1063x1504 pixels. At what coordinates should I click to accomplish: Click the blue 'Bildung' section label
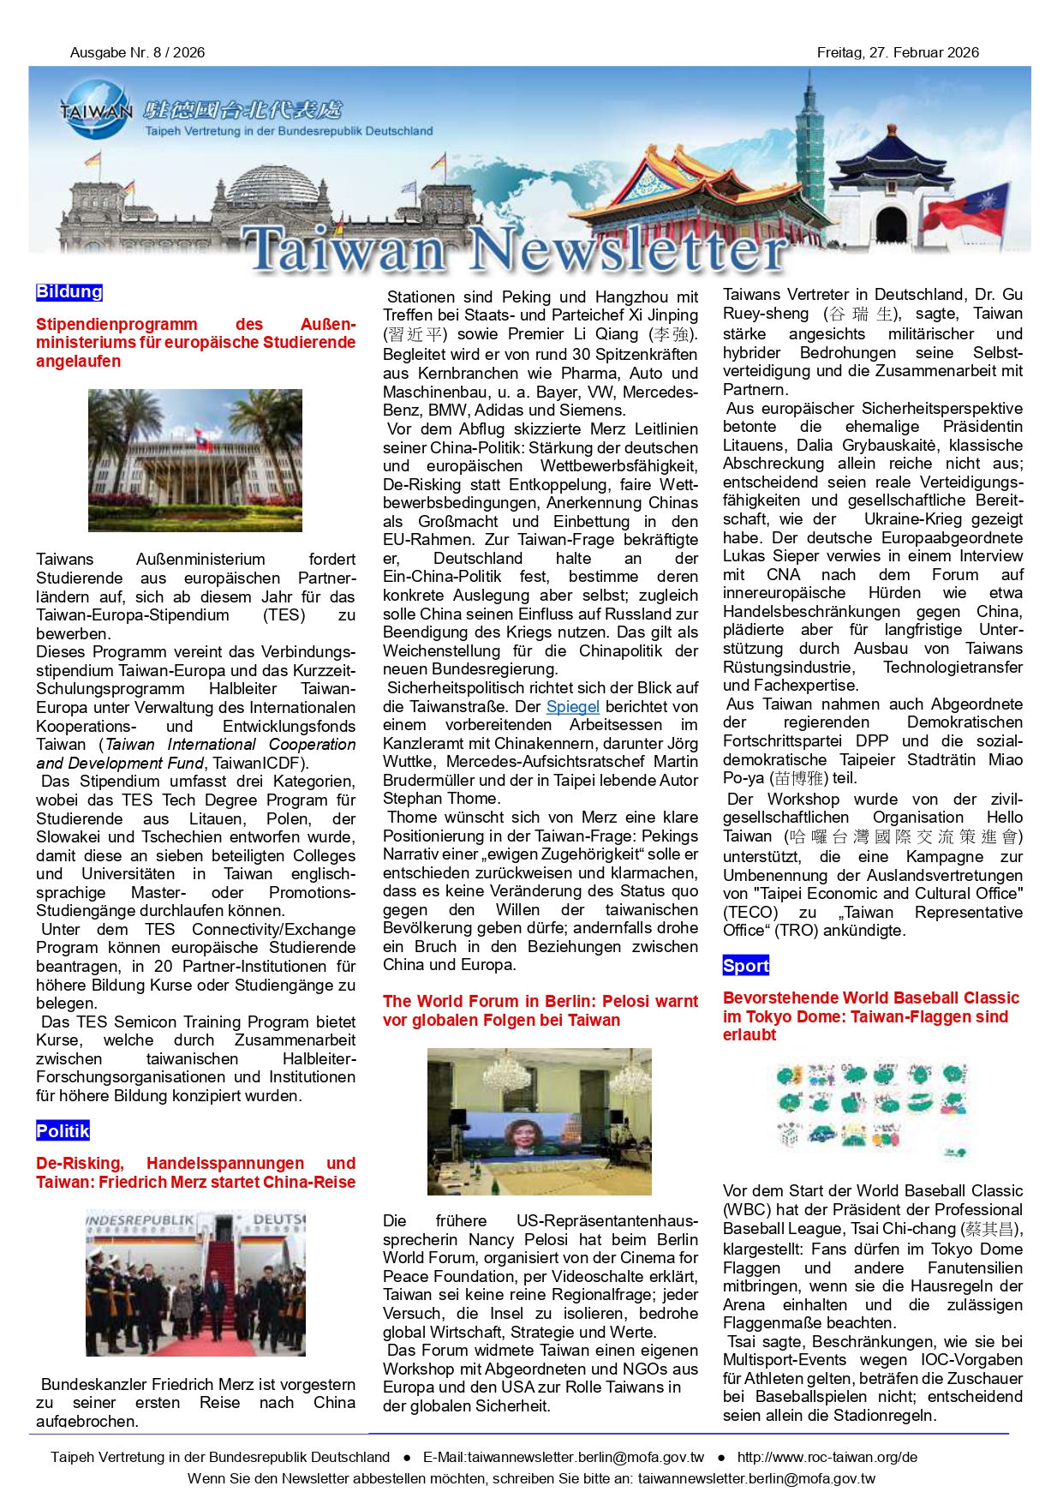pos(69,292)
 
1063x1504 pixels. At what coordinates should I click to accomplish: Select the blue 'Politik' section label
pos(63,1131)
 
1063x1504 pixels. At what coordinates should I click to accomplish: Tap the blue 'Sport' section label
pos(745,966)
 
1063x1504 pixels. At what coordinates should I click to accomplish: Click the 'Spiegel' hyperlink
pos(572,707)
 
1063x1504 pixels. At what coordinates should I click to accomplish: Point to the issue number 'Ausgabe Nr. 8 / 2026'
pos(137,52)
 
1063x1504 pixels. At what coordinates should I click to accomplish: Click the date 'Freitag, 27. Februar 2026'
pos(897,52)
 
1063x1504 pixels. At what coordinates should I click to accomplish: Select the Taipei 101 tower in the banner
pos(810,146)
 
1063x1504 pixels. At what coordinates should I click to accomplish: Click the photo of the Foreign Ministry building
pos(194,460)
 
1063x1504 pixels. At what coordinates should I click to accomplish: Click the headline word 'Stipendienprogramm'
pos(116,325)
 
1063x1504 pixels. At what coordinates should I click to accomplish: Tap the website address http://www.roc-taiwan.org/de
pos(827,1457)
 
